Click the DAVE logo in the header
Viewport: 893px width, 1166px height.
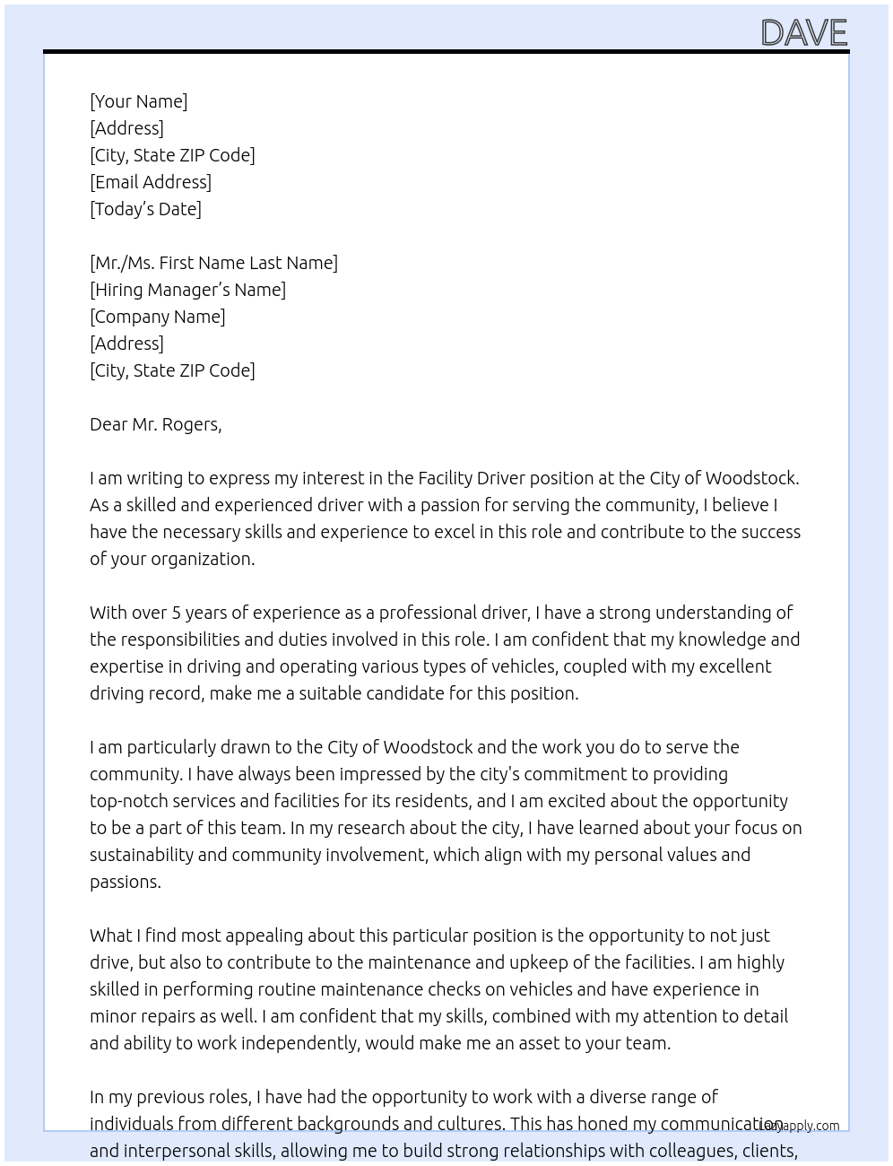tap(803, 33)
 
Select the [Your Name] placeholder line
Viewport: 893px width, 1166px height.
tap(139, 101)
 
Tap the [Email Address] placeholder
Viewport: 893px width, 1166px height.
tap(151, 182)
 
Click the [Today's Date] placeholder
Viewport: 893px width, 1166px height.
tap(145, 209)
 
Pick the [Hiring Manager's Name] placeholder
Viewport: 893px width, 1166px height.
tap(187, 290)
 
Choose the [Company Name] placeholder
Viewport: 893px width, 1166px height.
tap(158, 317)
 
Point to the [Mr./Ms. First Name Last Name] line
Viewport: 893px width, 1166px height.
tap(213, 263)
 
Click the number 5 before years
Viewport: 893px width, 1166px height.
tap(177, 613)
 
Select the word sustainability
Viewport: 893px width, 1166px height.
tap(142, 855)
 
